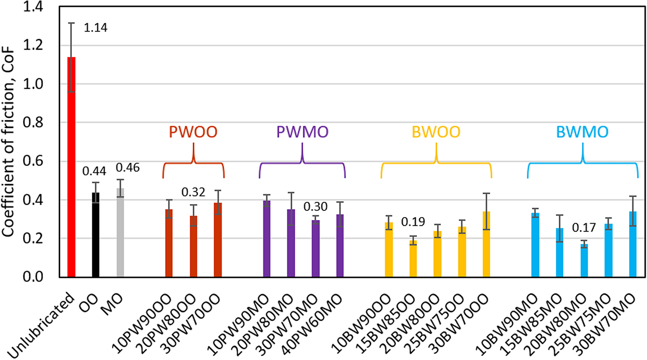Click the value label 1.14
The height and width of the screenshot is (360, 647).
coord(95,28)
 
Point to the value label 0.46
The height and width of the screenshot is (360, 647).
coord(128,168)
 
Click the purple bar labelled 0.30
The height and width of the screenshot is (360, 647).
coord(315,248)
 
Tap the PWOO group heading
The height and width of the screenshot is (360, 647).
coord(193,132)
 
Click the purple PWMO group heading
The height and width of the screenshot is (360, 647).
coord(302,132)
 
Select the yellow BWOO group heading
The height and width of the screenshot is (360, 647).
coord(436,132)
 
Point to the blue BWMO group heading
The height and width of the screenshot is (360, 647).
coord(582,132)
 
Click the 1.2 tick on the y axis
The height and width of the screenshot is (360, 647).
coord(33,45)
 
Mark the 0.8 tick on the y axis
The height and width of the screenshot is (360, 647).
coord(33,123)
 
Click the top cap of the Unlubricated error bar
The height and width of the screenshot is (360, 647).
coord(71,23)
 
